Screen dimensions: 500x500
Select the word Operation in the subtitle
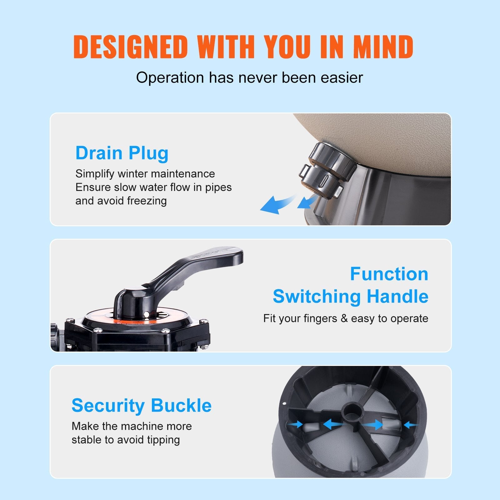click(x=170, y=77)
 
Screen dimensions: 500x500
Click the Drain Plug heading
click(x=122, y=153)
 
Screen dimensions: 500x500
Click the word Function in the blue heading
click(x=389, y=274)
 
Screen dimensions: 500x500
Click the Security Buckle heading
click(x=142, y=405)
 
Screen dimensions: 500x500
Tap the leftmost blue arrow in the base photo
click(x=295, y=424)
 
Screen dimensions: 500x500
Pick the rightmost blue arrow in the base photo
click(x=410, y=425)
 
